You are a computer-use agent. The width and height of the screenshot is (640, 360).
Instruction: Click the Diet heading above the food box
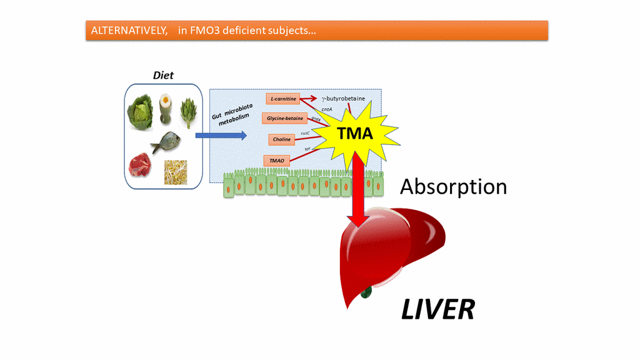pyautogui.click(x=163, y=76)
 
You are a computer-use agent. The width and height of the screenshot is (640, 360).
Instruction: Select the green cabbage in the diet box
pyautogui.click(x=141, y=111)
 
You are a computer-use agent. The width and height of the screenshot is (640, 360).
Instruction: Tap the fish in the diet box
pyautogui.click(x=167, y=142)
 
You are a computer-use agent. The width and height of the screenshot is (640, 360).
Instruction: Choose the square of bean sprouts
pyautogui.click(x=175, y=172)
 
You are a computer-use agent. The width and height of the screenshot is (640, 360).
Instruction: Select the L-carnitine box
pyautogui.click(x=283, y=98)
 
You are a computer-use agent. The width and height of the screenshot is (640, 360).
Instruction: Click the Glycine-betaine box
pyautogui.click(x=285, y=118)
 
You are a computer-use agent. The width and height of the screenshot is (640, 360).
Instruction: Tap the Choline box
pyautogui.click(x=282, y=139)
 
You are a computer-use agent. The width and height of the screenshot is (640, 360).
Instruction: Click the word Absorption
pyautogui.click(x=453, y=186)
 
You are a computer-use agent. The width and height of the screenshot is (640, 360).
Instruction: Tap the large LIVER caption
pyautogui.click(x=437, y=309)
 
